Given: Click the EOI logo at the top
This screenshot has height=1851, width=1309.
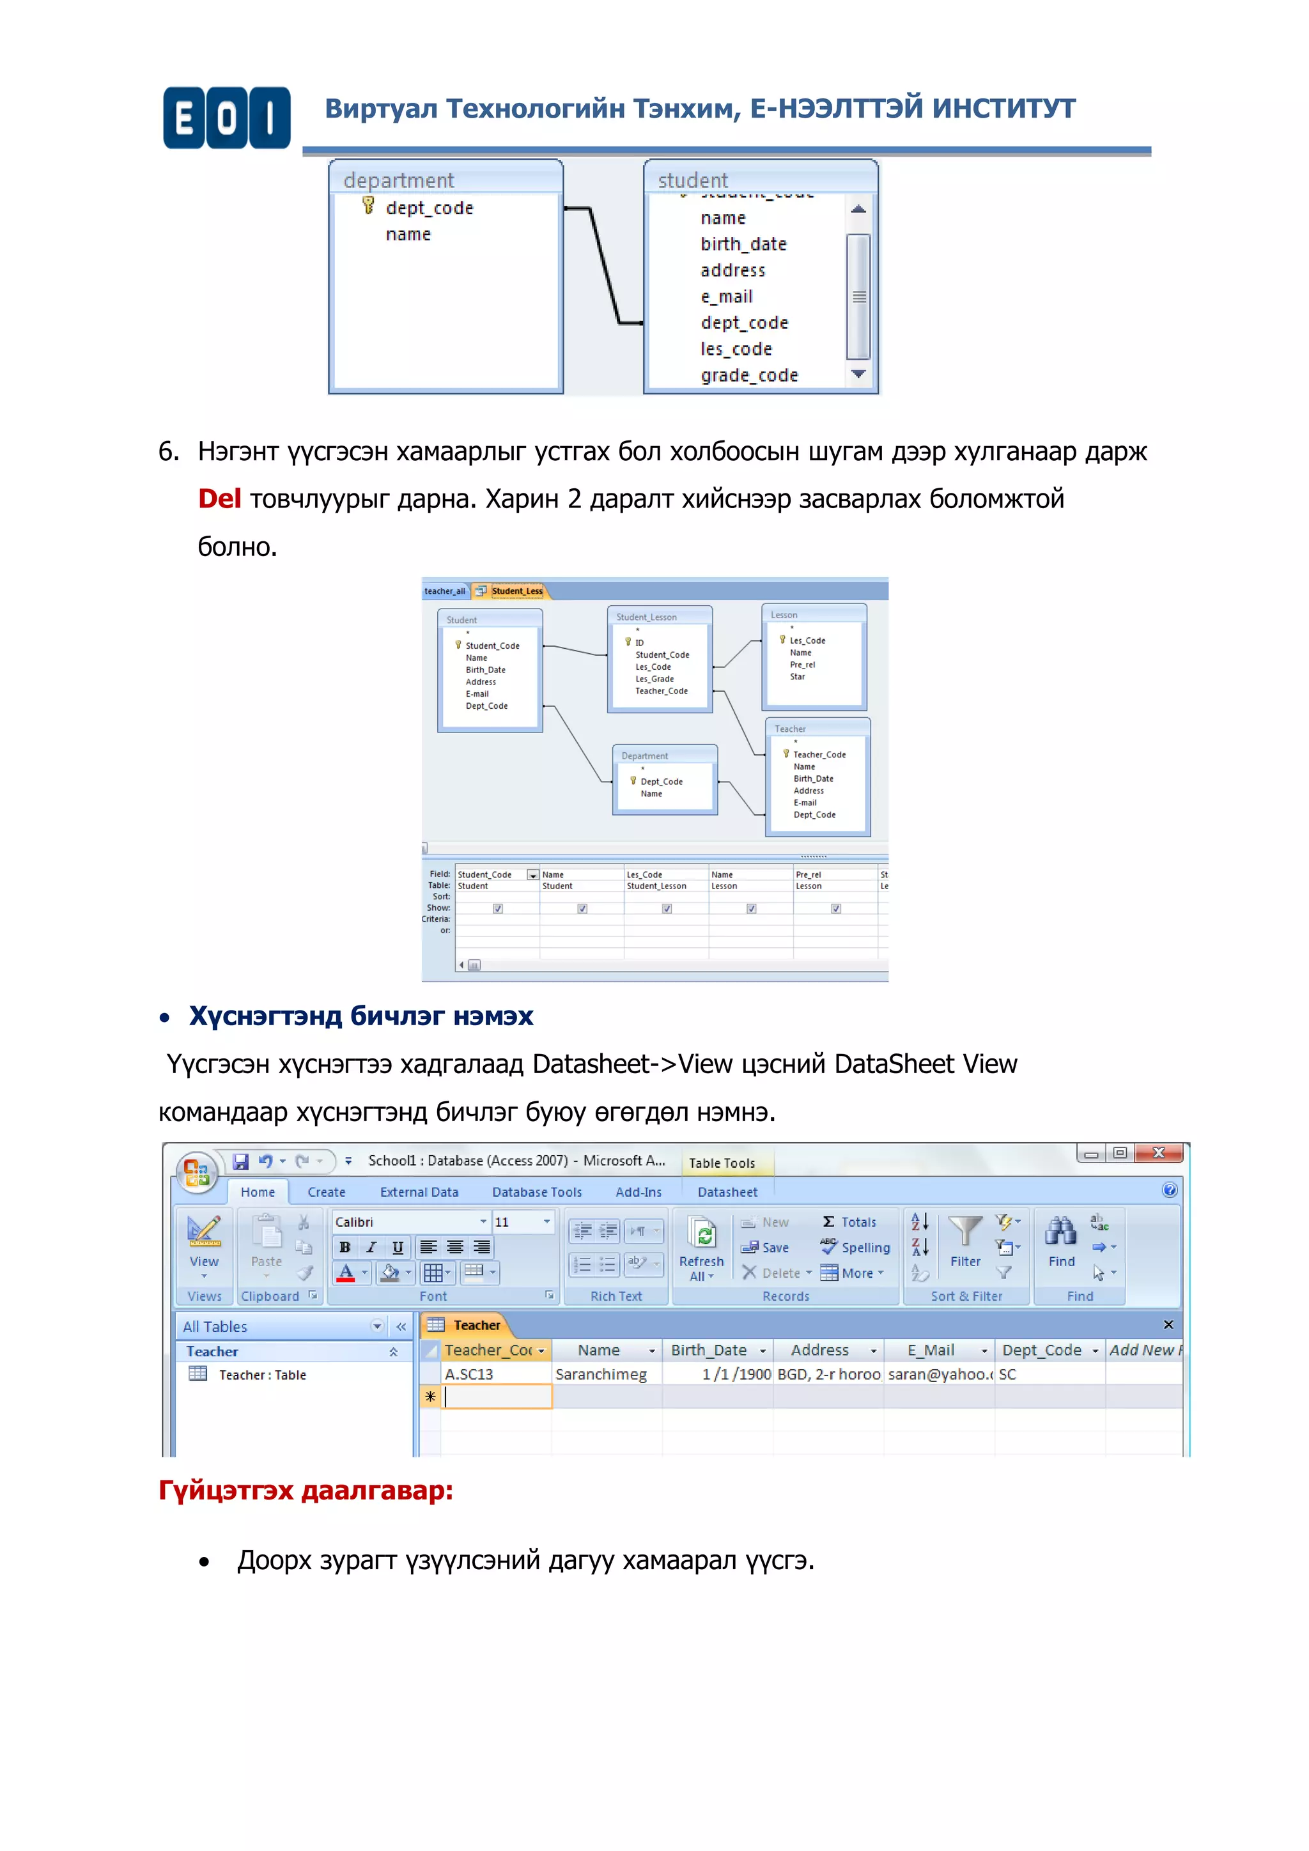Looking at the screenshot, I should click(x=226, y=118).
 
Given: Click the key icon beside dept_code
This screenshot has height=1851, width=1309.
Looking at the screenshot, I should click(x=368, y=206).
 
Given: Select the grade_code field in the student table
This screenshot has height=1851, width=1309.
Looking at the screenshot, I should click(x=749, y=376).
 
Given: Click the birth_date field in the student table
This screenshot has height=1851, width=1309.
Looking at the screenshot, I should click(x=743, y=244).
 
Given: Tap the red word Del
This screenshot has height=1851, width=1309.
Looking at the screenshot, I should click(x=219, y=499).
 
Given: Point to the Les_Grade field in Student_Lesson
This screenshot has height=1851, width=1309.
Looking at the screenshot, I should click(x=654, y=679).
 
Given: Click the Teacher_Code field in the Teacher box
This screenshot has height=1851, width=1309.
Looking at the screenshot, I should click(x=819, y=755).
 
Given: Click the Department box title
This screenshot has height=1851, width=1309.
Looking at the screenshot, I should click(x=645, y=756).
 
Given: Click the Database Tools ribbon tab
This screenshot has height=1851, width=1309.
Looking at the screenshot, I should click(x=537, y=1192).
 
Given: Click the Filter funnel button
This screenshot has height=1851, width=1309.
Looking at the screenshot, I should click(x=965, y=1241).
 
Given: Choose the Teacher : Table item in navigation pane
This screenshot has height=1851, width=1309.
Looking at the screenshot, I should click(x=261, y=1375).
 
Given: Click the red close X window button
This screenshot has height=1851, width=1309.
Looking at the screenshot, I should click(x=1159, y=1153).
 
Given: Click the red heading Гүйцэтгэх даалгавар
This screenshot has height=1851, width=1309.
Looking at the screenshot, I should click(x=306, y=1491).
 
